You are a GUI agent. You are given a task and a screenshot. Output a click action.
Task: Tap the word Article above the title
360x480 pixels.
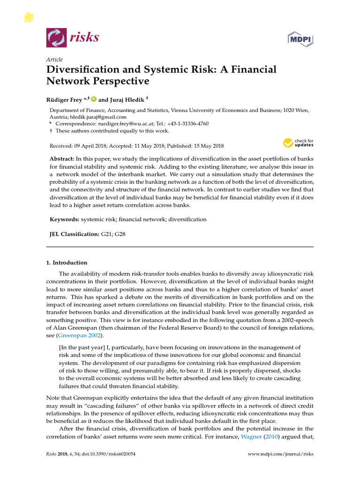coord(54,60)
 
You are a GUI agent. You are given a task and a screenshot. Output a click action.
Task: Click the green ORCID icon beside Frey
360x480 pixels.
coord(93,99)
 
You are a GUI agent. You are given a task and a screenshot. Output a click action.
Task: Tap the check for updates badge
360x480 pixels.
coord(298,143)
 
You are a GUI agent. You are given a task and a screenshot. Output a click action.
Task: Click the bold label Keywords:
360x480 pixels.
coord(65,219)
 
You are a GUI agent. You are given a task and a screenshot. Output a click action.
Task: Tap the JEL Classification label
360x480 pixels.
coord(75,233)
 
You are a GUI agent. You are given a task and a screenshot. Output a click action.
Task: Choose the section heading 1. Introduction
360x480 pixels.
coord(67,262)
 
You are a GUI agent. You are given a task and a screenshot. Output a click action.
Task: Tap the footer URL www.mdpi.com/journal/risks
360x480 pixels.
coord(280,454)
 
